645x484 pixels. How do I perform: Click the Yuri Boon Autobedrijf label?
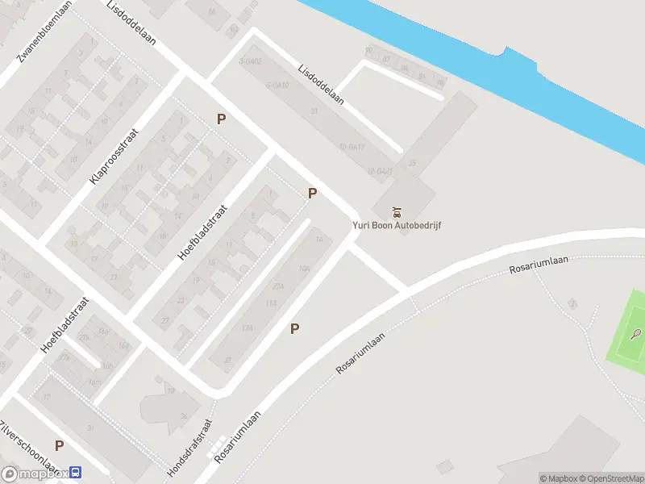[x=397, y=225]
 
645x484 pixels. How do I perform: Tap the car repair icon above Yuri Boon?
[x=397, y=213]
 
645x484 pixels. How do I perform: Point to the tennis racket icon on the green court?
[x=636, y=333]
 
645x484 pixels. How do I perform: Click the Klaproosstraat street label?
[x=114, y=155]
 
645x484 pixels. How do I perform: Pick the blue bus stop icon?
[x=76, y=474]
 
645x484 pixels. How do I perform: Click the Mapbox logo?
[x=36, y=474]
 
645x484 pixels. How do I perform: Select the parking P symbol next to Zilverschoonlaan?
[x=59, y=445]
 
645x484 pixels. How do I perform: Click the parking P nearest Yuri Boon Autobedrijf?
[x=312, y=193]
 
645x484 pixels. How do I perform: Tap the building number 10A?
[x=304, y=269]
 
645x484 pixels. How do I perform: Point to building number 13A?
[x=247, y=327]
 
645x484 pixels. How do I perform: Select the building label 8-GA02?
[x=251, y=61]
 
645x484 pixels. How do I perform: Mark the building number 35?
[x=412, y=163]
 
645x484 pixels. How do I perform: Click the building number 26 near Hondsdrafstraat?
[x=184, y=416]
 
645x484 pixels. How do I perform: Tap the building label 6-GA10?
[x=278, y=85]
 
